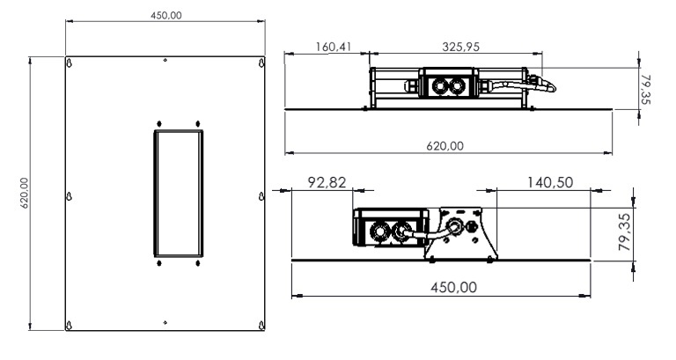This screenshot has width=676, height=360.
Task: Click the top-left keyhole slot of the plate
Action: [x=70, y=65]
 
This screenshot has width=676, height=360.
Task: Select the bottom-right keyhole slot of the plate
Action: [x=262, y=326]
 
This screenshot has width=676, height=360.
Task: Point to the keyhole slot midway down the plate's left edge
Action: [x=70, y=195]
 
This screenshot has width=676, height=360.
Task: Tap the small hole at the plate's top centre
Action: [x=166, y=61]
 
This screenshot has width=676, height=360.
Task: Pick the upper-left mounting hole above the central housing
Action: [x=158, y=123]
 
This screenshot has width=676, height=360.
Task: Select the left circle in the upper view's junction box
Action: [x=439, y=85]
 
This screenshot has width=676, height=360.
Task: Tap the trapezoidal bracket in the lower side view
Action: [x=459, y=233]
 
